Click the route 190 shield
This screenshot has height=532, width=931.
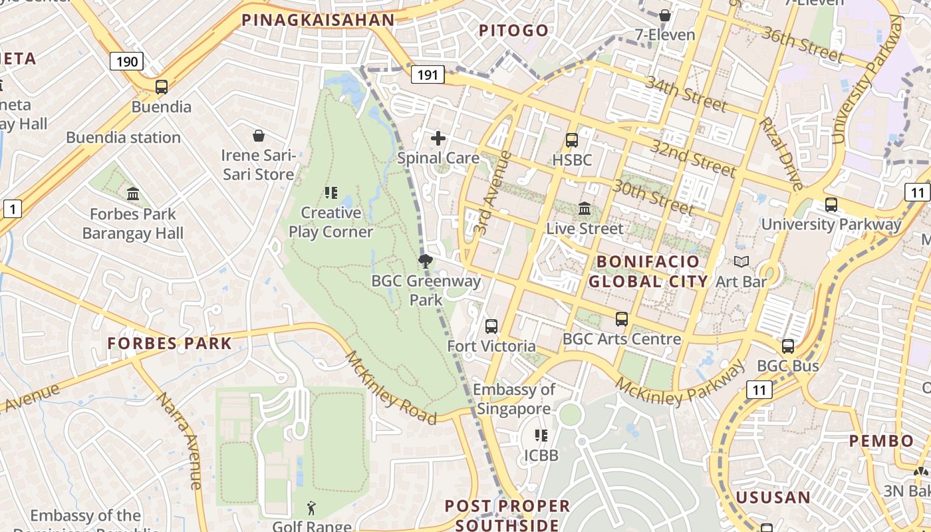(x=126, y=62)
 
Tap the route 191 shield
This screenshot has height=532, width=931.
(x=427, y=74)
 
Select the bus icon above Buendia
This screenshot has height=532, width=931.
(x=161, y=86)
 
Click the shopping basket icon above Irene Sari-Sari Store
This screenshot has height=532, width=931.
(x=259, y=136)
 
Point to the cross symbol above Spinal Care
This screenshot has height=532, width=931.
(x=438, y=138)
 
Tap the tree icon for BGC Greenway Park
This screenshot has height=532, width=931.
(x=426, y=261)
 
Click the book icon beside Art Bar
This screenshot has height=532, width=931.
(x=741, y=262)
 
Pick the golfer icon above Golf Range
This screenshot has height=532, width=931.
(x=311, y=509)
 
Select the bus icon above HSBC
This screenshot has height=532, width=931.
(x=571, y=140)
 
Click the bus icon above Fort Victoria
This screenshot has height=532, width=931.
(x=491, y=327)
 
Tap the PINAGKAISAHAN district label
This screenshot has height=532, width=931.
(x=318, y=20)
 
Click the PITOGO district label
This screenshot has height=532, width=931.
(x=514, y=30)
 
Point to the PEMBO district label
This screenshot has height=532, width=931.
(x=882, y=441)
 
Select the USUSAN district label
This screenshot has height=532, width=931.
(x=773, y=497)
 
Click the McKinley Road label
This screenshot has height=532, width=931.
(x=390, y=388)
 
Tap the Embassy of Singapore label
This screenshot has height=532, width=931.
(x=514, y=399)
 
